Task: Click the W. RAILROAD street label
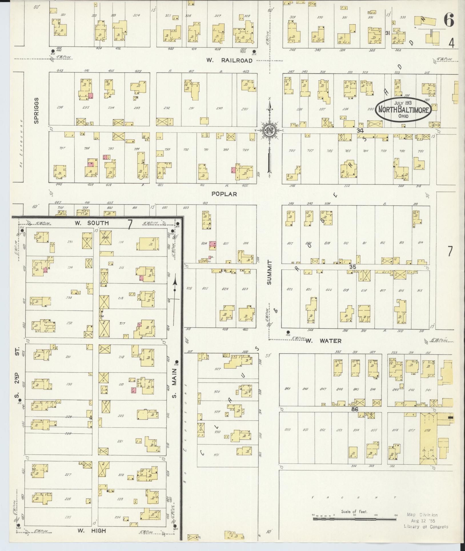[230, 61]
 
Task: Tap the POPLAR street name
[224, 194]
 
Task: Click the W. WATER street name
[323, 341]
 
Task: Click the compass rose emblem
[269, 131]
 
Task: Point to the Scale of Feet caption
[354, 512]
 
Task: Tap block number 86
[355, 409]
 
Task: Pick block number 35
[353, 266]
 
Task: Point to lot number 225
[68, 517]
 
